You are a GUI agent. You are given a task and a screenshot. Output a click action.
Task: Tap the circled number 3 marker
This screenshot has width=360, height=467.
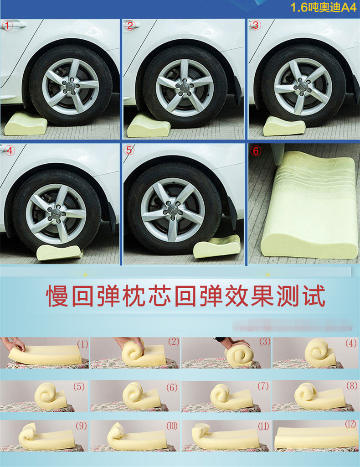point(256,26)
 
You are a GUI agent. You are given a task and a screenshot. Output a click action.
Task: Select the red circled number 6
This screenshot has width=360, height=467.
point(256,151)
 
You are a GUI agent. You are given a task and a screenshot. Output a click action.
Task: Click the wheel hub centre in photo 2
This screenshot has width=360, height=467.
point(185,87)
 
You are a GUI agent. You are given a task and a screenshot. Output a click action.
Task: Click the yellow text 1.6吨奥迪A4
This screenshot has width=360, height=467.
point(323,7)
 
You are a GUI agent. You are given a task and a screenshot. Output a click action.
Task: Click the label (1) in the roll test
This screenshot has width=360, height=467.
point(83,344)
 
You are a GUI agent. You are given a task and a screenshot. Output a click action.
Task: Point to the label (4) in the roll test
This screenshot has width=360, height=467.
point(351,343)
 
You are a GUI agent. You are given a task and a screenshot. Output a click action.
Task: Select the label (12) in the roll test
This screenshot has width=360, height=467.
point(350,424)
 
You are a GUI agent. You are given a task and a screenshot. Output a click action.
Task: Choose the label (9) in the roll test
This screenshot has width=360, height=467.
point(81,426)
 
